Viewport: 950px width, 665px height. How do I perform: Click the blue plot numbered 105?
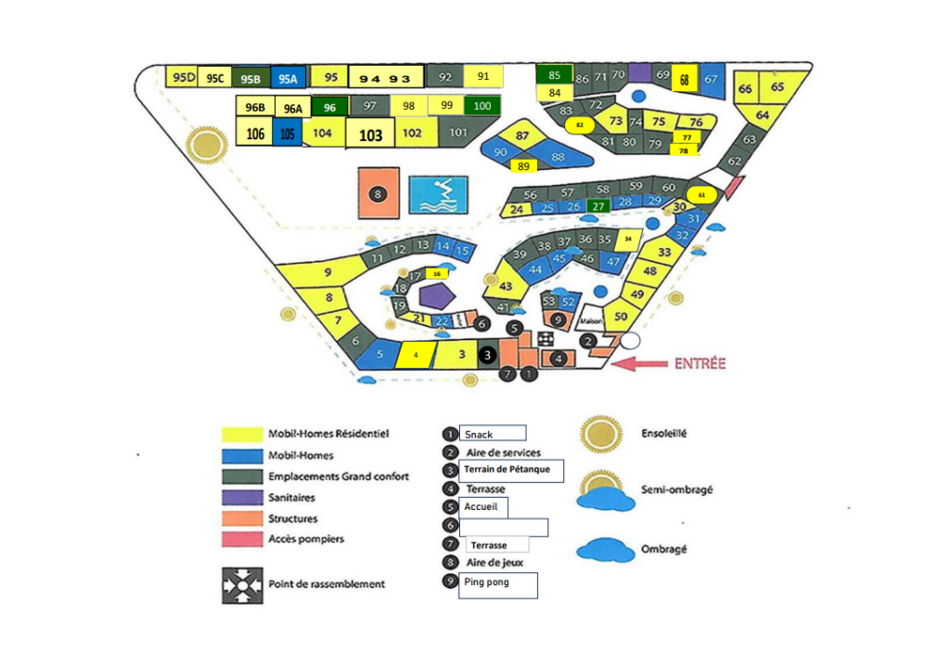(x=288, y=134)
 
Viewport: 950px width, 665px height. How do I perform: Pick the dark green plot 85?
(x=555, y=74)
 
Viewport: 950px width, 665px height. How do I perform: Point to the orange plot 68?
(x=685, y=80)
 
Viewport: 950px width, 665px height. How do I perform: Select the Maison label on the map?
(x=591, y=322)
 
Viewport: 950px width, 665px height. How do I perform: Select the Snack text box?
(x=493, y=434)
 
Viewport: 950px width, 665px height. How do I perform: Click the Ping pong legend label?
(x=498, y=584)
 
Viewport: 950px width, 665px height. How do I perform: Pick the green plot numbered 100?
(x=482, y=105)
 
